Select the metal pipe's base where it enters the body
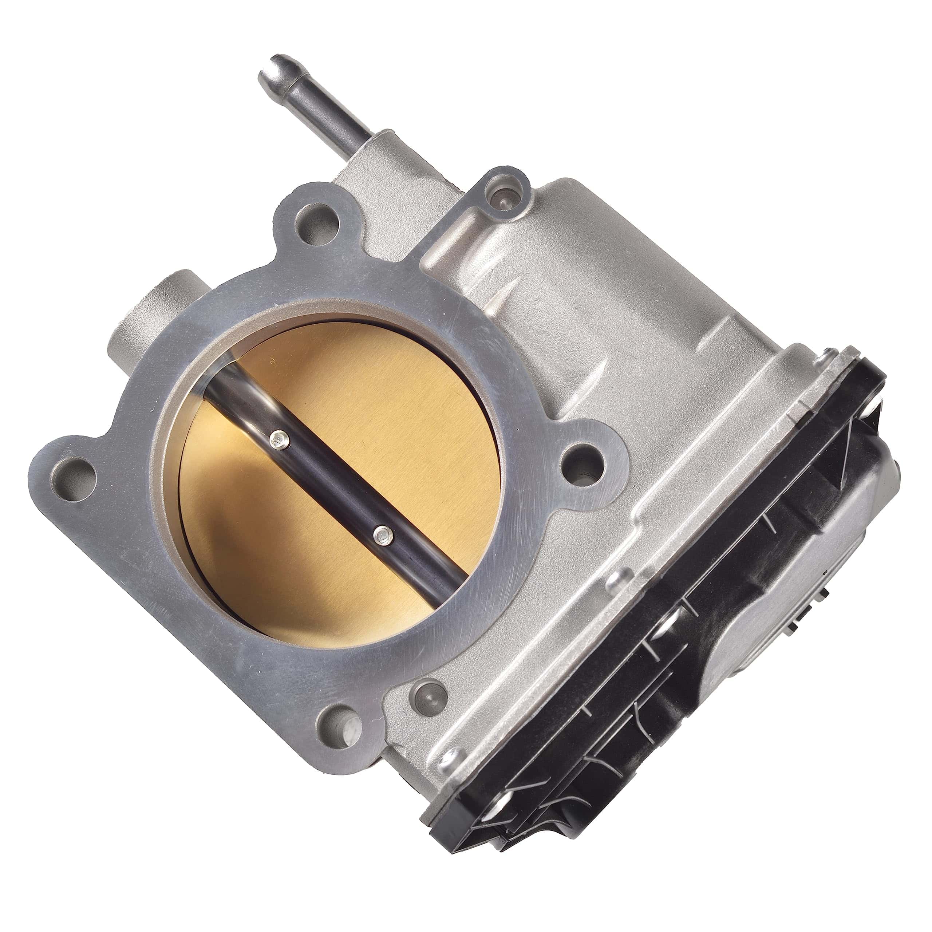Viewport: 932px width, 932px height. pyautogui.click(x=355, y=154)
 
